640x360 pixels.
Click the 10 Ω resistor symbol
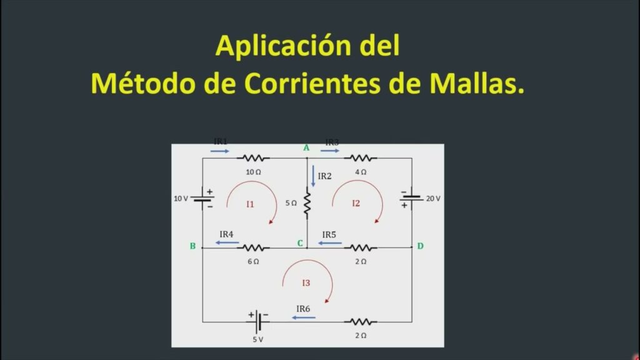(x=253, y=158)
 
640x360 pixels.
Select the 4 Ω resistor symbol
(x=361, y=158)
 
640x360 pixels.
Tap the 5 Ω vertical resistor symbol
(x=307, y=203)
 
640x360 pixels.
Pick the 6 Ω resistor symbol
(x=253, y=247)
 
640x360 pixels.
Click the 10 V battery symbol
(x=202, y=199)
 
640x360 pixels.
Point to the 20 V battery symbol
(x=411, y=199)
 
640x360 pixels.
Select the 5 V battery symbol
(x=258, y=322)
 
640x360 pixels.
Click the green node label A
(x=306, y=147)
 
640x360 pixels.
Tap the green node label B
(x=192, y=246)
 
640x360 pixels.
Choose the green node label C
(x=300, y=243)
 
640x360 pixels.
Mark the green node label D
(x=421, y=246)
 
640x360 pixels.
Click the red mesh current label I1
(x=250, y=204)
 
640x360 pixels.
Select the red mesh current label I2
(x=356, y=203)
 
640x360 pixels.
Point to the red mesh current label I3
(x=306, y=283)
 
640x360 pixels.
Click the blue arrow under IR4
(x=227, y=243)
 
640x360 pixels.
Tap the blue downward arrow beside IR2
(x=313, y=176)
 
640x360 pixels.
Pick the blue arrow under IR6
(x=304, y=317)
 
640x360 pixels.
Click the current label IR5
(x=329, y=235)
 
